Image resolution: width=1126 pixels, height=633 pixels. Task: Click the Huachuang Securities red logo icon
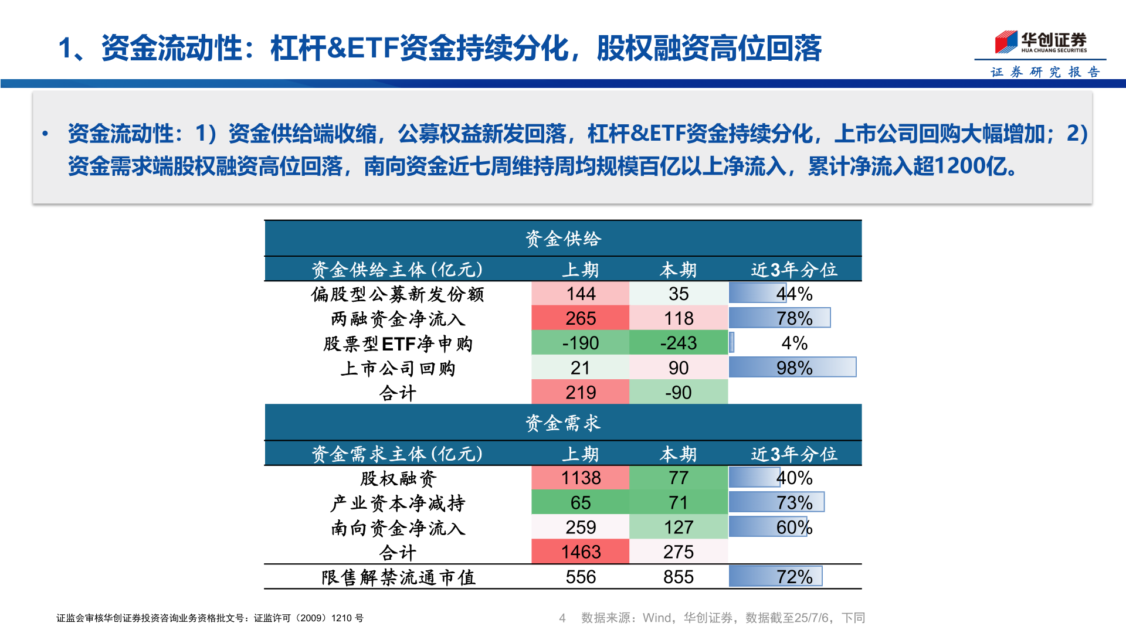click(1006, 42)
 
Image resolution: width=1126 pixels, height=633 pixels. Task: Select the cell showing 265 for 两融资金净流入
click(580, 318)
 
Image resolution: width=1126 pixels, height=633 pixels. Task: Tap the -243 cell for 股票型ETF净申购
click(678, 343)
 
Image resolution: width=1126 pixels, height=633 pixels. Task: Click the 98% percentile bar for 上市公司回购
click(792, 367)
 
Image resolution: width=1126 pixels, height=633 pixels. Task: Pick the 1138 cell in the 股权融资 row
click(580, 478)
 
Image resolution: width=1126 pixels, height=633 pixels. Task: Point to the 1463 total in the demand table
click(580, 552)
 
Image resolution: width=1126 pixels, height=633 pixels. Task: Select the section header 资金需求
click(562, 423)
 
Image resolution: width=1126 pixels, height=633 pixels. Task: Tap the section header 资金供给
click(562, 239)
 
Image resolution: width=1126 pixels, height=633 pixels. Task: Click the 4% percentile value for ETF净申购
click(794, 343)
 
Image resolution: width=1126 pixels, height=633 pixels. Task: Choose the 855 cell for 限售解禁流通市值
click(678, 577)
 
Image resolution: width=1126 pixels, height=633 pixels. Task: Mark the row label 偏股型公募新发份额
click(398, 294)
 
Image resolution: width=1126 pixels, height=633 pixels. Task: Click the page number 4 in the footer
click(562, 618)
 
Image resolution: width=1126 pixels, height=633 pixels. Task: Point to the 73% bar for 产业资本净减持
click(777, 502)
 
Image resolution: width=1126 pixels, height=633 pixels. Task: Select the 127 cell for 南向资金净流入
click(678, 527)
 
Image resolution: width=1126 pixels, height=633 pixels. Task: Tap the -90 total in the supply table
click(678, 392)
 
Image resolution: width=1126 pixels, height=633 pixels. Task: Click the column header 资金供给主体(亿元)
click(398, 270)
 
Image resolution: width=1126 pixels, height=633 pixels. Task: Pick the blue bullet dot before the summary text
click(45, 134)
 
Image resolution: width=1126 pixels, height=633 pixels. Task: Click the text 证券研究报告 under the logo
click(1045, 72)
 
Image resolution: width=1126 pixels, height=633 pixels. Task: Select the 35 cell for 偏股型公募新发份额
click(678, 294)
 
